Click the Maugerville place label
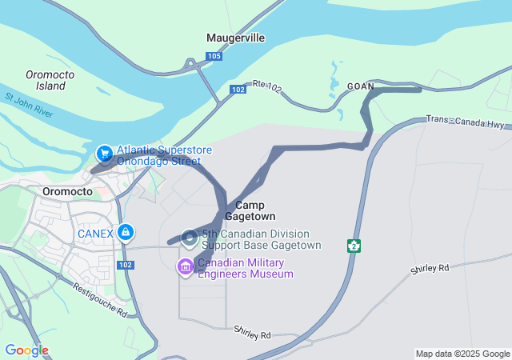point(236,38)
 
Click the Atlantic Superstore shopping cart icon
point(104,152)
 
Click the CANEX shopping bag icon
point(125,233)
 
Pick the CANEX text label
point(95,233)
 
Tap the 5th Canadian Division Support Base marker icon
point(189,238)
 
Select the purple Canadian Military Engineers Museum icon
point(186,266)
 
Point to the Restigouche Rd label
point(100,298)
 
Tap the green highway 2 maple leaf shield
point(354,246)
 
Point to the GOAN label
point(360,86)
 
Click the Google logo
point(26,350)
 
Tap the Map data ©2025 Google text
point(462,354)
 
